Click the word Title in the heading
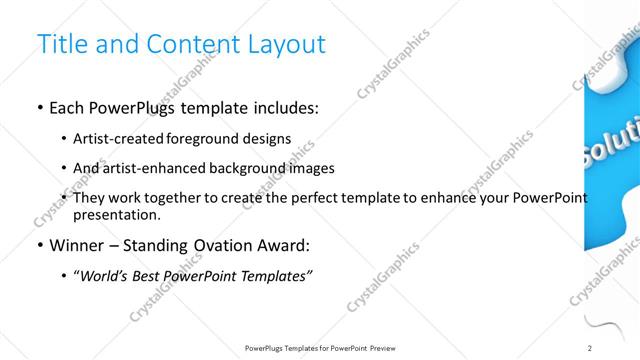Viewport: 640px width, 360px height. (x=60, y=45)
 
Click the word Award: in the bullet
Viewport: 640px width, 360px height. (x=287, y=245)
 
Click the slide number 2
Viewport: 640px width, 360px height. (x=590, y=347)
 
